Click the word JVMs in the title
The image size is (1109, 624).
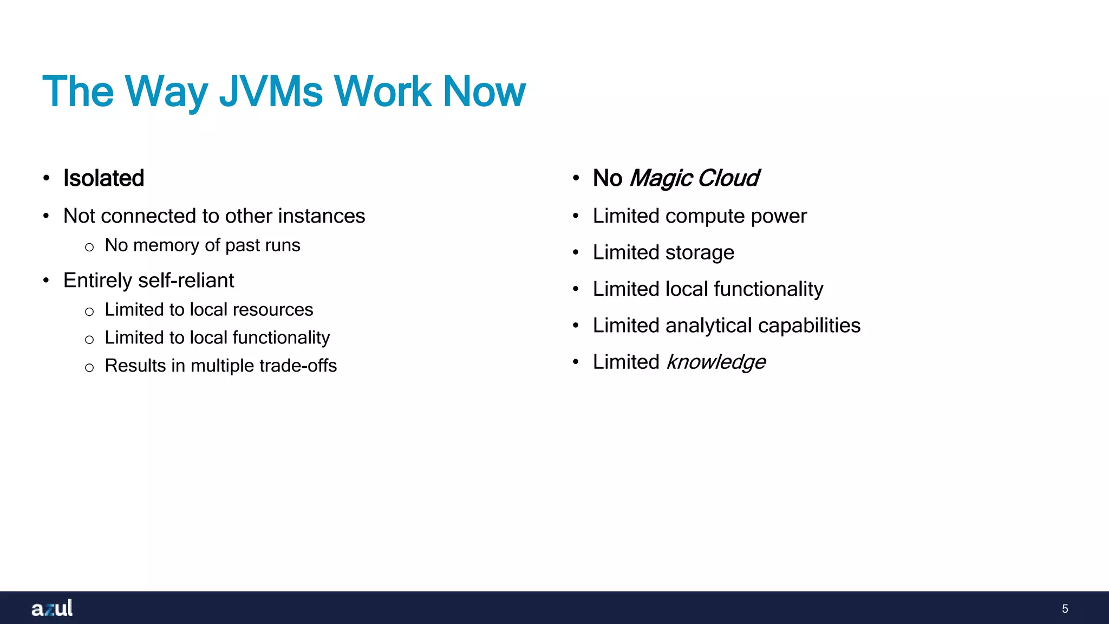pos(271,91)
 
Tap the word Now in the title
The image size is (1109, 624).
pos(484,91)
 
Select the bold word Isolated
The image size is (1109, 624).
pos(103,178)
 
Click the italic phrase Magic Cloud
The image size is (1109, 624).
pos(694,178)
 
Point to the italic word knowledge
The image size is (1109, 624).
pos(716,362)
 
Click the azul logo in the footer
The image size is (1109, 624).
pos(52,608)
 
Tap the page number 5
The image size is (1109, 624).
pos(1065,609)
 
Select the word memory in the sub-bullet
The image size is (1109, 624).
pos(166,245)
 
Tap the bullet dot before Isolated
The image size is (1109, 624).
pos(47,178)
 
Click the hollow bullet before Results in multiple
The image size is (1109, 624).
pos(89,368)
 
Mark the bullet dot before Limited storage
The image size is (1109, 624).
pos(576,252)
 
